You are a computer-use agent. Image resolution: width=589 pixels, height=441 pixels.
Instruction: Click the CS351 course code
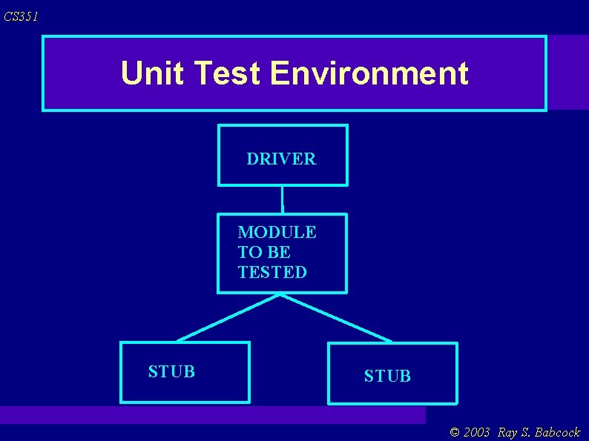point(21,16)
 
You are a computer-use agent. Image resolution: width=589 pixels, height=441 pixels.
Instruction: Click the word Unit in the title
point(151,73)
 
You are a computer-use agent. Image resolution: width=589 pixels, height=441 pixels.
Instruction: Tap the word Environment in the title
point(369,73)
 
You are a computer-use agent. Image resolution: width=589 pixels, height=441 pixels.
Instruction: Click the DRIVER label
point(281,159)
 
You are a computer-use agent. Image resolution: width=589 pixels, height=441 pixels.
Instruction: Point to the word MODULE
point(277,232)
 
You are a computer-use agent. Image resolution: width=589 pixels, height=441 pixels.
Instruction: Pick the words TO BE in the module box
point(264,252)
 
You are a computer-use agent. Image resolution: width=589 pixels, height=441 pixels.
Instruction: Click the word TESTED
point(272,272)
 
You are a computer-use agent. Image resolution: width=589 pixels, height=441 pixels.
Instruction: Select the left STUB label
point(171,371)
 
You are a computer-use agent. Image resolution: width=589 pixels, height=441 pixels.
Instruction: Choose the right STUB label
point(387,376)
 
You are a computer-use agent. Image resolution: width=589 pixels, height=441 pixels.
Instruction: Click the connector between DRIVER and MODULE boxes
point(283,199)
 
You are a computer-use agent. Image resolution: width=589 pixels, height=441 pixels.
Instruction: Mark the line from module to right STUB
point(335,317)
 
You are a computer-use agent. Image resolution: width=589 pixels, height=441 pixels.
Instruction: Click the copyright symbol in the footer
point(455,432)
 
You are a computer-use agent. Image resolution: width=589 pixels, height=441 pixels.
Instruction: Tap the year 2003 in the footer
point(476,432)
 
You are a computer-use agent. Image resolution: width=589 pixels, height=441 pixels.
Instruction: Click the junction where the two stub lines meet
point(280,294)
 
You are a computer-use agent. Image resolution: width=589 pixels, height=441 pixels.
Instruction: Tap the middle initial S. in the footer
point(524,432)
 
